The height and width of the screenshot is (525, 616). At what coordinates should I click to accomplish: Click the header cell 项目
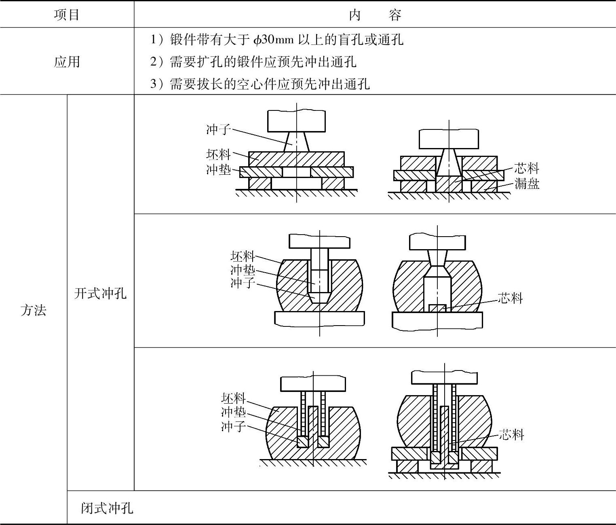coord(67,15)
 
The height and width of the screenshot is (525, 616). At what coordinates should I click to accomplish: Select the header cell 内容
coord(375,15)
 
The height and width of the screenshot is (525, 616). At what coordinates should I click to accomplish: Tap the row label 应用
coord(67,62)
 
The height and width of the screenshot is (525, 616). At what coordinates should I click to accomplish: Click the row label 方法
coord(33,310)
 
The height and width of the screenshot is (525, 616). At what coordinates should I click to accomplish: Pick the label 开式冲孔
coord(100,293)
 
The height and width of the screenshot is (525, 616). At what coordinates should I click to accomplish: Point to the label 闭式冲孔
coord(107,508)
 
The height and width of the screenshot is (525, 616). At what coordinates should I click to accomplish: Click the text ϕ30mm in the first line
coord(274,40)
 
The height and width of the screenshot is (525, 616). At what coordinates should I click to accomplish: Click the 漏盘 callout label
coord(527,184)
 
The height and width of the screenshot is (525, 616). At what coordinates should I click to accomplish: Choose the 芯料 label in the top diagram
coord(527,168)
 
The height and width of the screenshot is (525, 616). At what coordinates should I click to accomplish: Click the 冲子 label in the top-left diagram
coord(218,129)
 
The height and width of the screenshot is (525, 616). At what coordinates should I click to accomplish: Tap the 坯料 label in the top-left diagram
coord(218,154)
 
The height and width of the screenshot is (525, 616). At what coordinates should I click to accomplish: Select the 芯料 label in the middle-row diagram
coord(510,298)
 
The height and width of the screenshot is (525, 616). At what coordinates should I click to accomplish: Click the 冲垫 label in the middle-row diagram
coord(243,269)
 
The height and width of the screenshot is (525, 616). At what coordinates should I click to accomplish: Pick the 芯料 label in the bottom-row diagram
coord(511,434)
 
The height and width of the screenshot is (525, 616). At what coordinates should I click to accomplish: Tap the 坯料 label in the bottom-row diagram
coord(233,398)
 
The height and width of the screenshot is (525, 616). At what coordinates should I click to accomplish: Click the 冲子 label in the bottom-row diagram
coord(233,426)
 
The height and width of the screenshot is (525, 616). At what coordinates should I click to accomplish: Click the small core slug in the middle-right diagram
coord(437,308)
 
